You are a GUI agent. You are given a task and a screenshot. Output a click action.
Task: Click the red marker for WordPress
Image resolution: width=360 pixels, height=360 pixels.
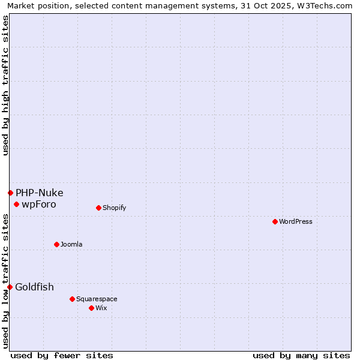(275, 221)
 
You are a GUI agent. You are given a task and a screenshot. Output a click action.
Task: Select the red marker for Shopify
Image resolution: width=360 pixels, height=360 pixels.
(98, 208)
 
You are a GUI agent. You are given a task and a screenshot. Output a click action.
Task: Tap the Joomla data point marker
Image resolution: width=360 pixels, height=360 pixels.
(56, 244)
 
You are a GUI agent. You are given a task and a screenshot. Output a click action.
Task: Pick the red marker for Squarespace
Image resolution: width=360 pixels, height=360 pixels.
(72, 299)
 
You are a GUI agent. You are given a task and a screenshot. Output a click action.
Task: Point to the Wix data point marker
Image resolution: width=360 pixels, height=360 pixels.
(91, 308)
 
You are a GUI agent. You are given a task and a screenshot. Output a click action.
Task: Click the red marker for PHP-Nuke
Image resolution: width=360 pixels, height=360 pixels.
(10, 193)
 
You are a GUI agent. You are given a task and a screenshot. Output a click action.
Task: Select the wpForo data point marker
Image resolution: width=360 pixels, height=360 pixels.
(16, 204)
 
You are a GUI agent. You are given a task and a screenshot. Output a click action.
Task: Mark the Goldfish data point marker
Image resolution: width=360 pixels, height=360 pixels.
(10, 287)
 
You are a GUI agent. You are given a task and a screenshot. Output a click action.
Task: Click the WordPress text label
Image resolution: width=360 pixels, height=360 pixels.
(296, 221)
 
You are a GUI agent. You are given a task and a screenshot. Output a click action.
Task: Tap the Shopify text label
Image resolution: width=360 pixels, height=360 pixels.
(114, 208)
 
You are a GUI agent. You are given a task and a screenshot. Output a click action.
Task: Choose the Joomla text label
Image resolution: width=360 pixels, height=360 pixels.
(71, 244)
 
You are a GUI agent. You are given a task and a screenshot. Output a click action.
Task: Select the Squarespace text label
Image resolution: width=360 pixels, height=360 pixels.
(97, 299)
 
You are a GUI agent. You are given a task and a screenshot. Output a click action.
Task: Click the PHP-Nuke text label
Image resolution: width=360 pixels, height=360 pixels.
(40, 193)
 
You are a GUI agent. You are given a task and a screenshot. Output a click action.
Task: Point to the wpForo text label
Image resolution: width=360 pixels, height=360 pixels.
(39, 204)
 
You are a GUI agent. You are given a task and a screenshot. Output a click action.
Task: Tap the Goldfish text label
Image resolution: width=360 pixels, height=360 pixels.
(35, 287)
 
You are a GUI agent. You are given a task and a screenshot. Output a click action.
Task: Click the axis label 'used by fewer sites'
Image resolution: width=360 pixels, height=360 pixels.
(62, 355)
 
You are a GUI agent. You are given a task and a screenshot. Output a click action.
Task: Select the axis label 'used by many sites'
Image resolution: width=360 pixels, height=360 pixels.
(301, 355)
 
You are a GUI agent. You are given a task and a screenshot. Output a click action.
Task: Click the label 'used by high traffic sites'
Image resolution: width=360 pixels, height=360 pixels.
(5, 85)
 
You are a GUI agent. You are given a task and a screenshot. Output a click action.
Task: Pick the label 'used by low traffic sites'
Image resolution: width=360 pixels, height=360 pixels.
(5, 281)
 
